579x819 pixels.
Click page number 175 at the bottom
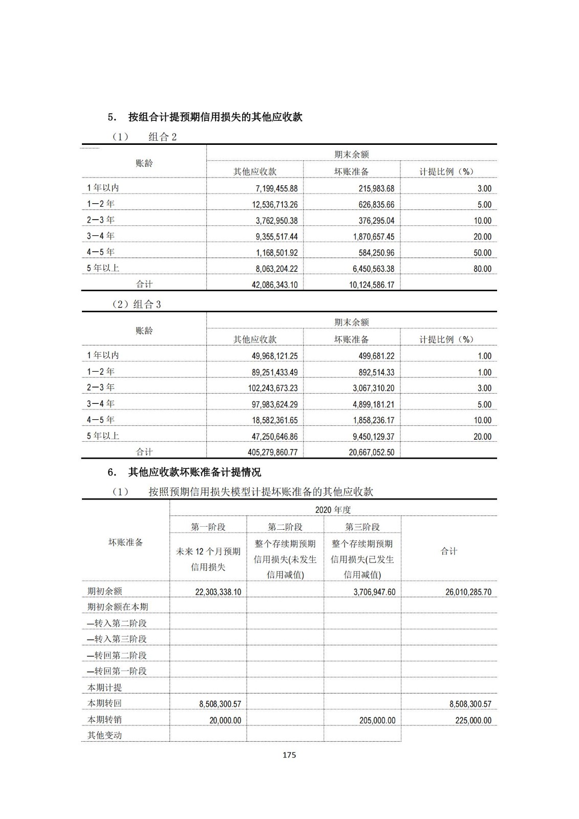coord(289,755)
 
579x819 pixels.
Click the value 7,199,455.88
coord(276,188)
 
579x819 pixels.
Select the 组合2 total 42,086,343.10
coord(274,285)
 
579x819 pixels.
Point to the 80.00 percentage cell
coord(482,269)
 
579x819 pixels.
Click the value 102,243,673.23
coord(273,388)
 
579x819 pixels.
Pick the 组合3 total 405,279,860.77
coord(272,452)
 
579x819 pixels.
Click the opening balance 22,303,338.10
coord(218,592)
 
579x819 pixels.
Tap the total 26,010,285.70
coord(468,592)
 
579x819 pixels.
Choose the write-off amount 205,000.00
coord(377,720)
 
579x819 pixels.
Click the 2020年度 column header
coord(333,510)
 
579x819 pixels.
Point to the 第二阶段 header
coord(285,527)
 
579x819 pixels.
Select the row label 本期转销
coord(104,719)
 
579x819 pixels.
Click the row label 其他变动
coord(104,736)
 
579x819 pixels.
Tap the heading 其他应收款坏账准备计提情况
coord(195,472)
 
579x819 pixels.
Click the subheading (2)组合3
coord(136,305)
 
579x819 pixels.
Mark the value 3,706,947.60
coord(374,592)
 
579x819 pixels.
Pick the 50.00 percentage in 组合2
coord(482,253)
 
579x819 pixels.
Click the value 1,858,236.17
coord(374,420)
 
